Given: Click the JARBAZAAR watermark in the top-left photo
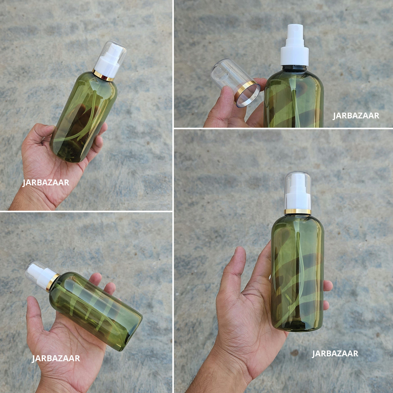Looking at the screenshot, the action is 46,183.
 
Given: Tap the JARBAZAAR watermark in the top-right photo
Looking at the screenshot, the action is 356,116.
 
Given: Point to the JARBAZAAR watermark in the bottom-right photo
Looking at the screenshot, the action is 335,353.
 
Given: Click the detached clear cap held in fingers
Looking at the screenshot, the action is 236,83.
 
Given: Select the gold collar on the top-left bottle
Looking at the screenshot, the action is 103,76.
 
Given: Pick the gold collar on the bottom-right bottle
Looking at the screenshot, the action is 298,211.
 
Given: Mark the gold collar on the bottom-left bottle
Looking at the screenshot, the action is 52,282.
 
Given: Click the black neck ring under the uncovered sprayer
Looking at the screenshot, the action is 294,68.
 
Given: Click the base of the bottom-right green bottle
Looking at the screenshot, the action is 298,326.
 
